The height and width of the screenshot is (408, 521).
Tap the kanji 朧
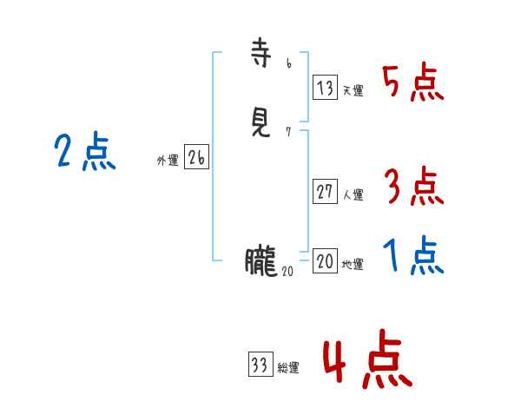(260, 260)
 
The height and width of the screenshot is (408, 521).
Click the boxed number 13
(325, 88)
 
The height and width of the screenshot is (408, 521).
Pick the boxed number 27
(325, 192)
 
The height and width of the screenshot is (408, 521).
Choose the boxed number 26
(196, 157)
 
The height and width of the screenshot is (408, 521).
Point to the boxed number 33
(260, 365)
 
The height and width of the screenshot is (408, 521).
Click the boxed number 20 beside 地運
(325, 261)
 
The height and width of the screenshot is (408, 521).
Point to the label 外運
(168, 161)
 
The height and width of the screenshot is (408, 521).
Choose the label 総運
(287, 368)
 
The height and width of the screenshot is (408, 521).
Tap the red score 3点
(412, 186)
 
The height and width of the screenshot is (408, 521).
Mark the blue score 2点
(85, 152)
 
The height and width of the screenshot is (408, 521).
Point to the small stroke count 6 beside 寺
(288, 63)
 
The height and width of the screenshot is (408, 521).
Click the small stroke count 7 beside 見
(288, 131)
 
